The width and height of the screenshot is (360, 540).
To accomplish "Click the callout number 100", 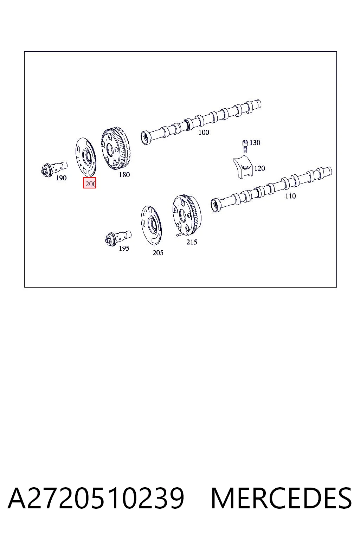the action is point(204,132).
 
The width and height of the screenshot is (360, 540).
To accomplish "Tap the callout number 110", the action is point(290,196).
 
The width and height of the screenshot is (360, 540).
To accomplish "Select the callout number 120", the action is point(259,168).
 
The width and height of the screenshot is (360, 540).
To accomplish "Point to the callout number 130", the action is point(255,143).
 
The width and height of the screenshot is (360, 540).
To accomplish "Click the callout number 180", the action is point(124,174).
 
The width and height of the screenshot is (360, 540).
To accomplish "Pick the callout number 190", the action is point(61,178).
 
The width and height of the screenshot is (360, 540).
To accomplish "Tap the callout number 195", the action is point(124,248).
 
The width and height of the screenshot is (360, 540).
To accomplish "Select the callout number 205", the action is point(158,253).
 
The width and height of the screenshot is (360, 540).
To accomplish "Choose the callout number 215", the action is point(192,242).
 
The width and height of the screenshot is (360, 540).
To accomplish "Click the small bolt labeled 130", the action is point(245,146).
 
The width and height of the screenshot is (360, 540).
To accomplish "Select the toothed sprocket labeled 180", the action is point(116,148).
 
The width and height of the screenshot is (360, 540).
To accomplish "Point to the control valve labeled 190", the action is point(54,169).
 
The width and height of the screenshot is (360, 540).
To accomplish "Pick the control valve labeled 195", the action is point(118,238).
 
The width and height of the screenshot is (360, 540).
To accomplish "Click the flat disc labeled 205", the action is point(151,225).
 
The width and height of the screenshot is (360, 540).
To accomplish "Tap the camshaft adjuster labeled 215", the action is point(187,215).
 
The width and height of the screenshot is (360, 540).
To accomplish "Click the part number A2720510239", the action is point(96,499).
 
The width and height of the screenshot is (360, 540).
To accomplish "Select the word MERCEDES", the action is point(281,499).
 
